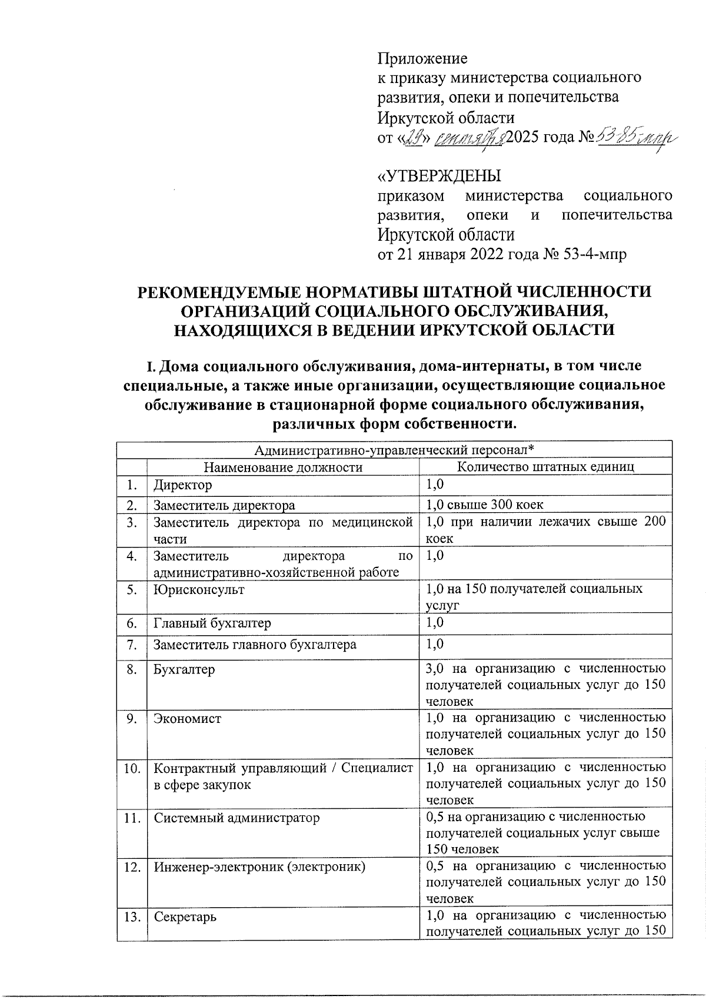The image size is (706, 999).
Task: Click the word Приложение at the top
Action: pyautogui.click(x=422, y=59)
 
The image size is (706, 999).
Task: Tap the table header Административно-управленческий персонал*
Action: pyautogui.click(x=394, y=450)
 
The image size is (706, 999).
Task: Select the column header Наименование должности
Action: pyautogui.click(x=283, y=467)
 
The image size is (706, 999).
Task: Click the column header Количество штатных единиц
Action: pyautogui.click(x=545, y=467)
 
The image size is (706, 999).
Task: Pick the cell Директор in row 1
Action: pyautogui.click(x=182, y=485)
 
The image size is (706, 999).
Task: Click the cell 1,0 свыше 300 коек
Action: pyautogui.click(x=485, y=505)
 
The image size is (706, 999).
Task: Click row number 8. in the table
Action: pyautogui.click(x=132, y=669)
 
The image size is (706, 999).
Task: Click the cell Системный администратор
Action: pyautogui.click(x=237, y=818)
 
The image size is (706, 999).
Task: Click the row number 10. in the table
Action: pyautogui.click(x=132, y=768)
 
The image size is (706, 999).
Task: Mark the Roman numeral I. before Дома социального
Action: pyautogui.click(x=150, y=366)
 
